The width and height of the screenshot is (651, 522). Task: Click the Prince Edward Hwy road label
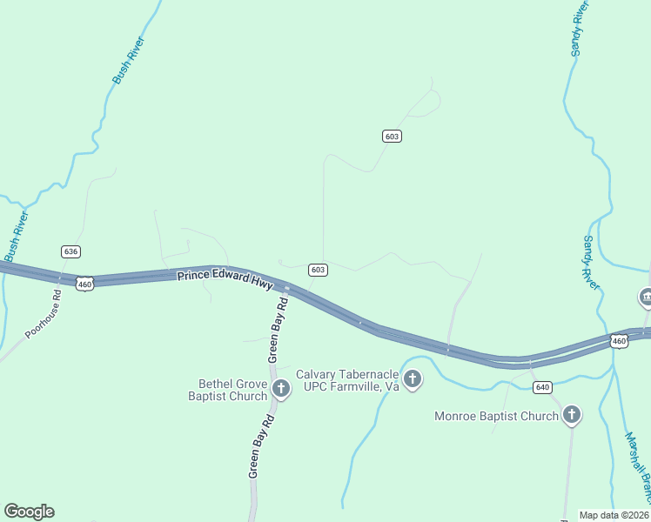click(225, 281)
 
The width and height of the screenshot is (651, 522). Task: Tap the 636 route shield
click(71, 251)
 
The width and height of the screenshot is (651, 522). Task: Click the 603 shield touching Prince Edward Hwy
click(318, 270)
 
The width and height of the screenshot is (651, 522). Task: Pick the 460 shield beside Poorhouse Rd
click(84, 284)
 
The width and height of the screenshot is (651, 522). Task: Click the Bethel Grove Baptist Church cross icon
click(281, 389)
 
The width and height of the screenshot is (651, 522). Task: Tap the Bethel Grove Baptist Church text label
click(228, 390)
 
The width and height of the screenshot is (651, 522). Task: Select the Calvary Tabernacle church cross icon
click(413, 379)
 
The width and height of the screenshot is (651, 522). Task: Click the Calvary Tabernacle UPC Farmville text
click(347, 380)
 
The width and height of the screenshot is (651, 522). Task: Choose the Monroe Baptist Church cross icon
click(572, 415)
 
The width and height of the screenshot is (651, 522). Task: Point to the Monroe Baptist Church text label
click(496, 416)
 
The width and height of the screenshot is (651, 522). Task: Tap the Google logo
click(29, 512)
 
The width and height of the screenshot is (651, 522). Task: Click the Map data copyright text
click(614, 514)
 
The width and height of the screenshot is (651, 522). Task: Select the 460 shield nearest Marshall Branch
click(619, 342)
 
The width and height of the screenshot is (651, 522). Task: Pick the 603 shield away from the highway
click(392, 136)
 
